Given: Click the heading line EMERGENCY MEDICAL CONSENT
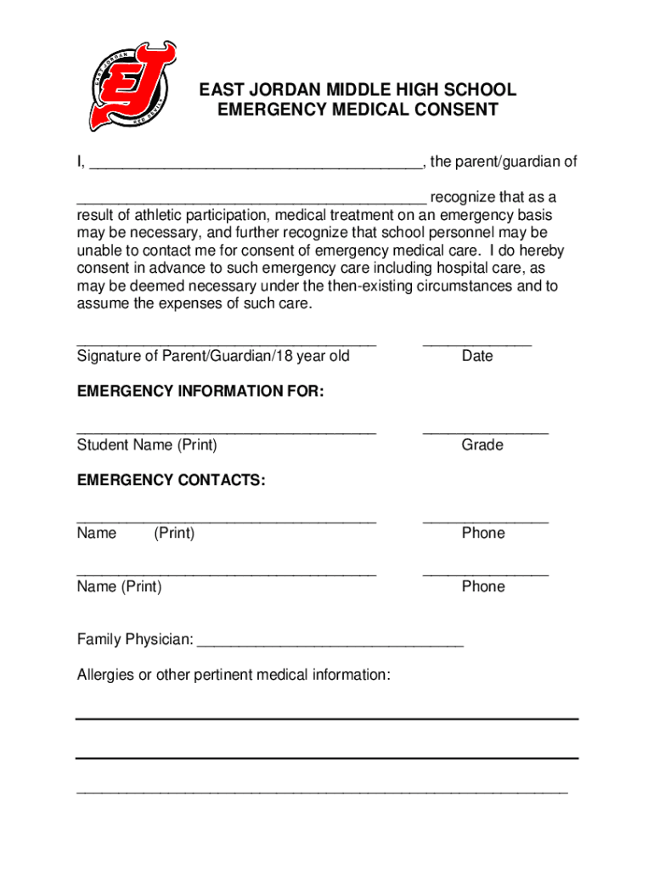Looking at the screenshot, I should click(x=357, y=110).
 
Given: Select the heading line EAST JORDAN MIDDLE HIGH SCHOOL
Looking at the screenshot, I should click(x=357, y=89).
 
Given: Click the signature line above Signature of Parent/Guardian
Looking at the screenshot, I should click(x=226, y=345).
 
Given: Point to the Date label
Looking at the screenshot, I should click(x=477, y=356).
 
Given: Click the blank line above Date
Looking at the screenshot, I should click(x=477, y=345).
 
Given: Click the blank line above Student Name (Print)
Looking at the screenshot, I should click(x=226, y=433).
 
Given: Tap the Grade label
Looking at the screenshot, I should click(x=482, y=444).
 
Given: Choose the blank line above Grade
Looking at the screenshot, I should click(x=485, y=433).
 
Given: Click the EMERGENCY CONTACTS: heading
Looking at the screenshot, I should click(x=171, y=480).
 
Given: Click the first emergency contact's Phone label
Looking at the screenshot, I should click(x=483, y=533).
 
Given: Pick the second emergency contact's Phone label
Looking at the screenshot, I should click(x=483, y=586).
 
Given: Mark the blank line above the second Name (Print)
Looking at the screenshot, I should click(x=226, y=575).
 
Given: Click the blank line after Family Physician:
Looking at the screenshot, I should click(x=330, y=645).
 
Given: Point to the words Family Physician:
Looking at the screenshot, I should click(x=135, y=639).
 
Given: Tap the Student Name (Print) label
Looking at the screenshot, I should click(x=147, y=444).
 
